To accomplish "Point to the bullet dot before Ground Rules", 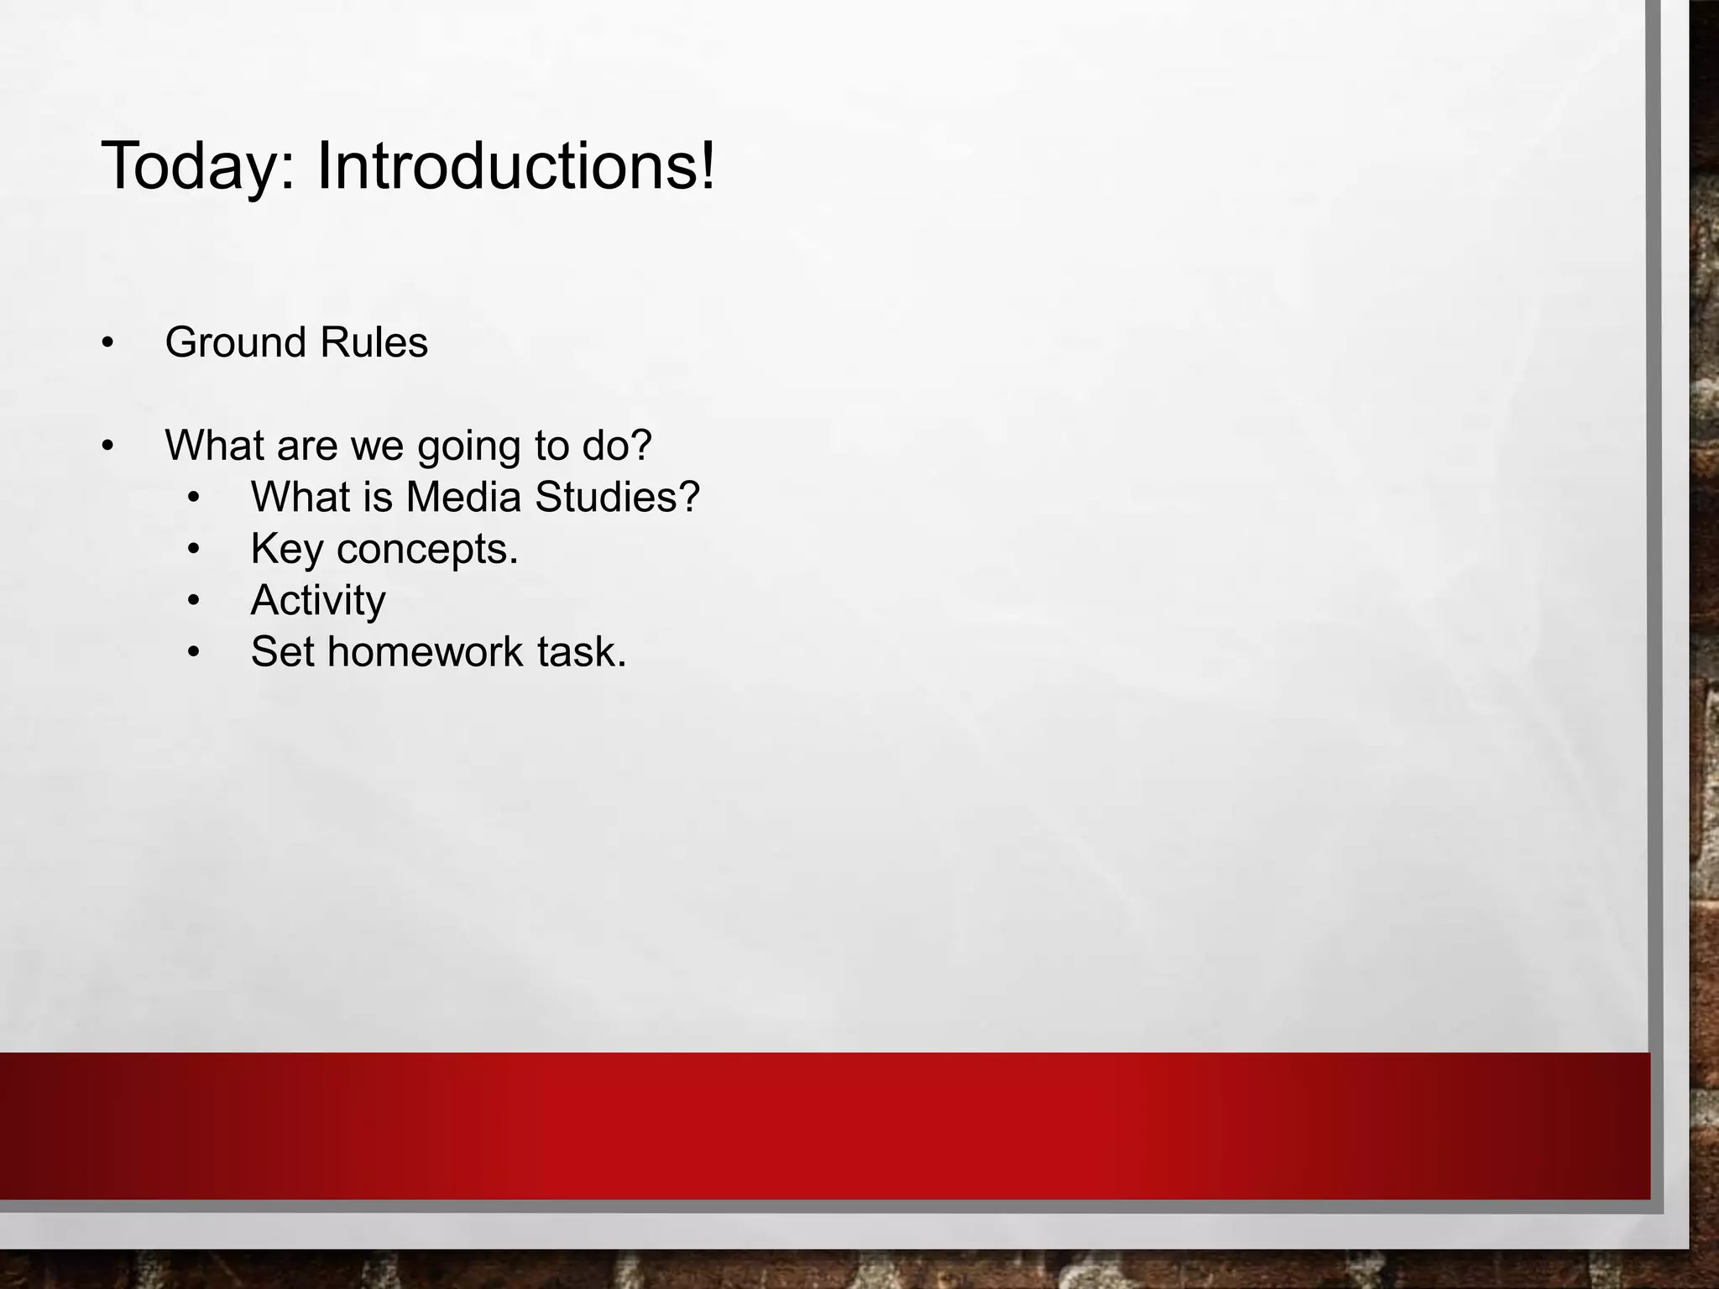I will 107,344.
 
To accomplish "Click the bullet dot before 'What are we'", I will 107,446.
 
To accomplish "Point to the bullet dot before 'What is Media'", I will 194,498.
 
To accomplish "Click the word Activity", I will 318,601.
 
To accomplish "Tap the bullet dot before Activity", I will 194,602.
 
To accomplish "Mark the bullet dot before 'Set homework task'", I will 194,653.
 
